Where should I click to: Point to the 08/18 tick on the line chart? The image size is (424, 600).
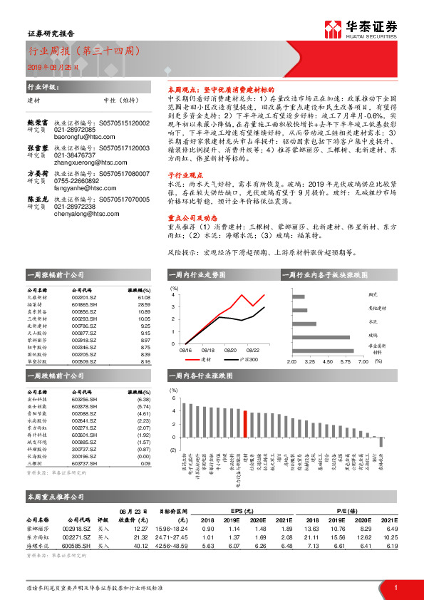pos(208,350)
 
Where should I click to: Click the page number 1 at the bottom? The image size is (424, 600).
pos(395,588)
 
